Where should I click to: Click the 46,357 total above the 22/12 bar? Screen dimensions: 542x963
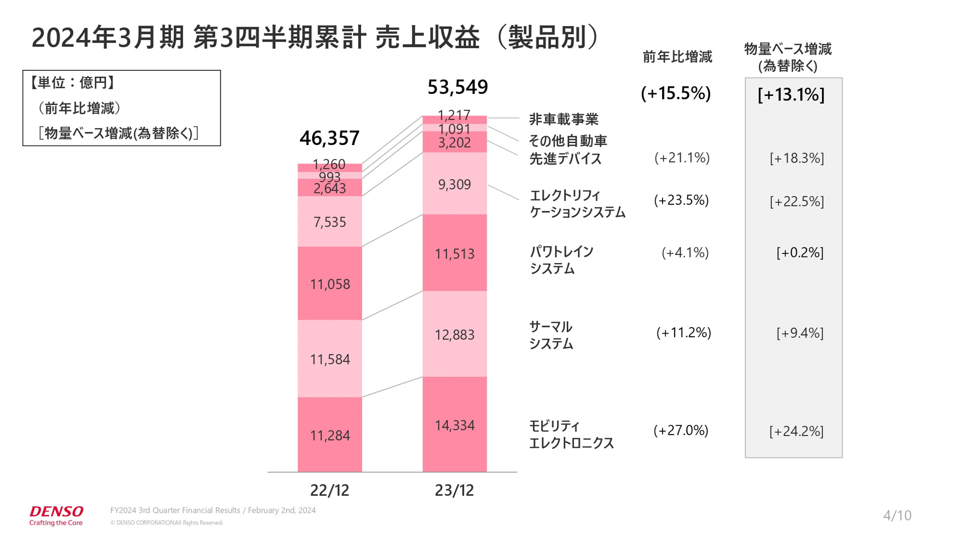coord(330,138)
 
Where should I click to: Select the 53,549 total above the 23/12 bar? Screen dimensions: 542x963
coord(457,87)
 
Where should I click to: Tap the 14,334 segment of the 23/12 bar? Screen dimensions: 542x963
coord(454,426)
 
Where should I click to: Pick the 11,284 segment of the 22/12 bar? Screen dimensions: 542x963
coord(330,435)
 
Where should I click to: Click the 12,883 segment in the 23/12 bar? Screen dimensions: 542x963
coord(454,335)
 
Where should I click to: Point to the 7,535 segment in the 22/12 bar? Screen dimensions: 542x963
coord(330,222)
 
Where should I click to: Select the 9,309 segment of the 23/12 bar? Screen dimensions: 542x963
coord(454,185)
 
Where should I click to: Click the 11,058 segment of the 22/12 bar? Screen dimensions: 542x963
coord(330,284)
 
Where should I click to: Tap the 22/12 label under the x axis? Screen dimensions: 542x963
coord(330,490)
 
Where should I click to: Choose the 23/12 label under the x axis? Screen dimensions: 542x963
coord(454,490)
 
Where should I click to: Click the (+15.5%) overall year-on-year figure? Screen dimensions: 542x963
coord(676,93)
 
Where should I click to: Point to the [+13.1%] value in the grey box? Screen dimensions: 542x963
coord(791,95)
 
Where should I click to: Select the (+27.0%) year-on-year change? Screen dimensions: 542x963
coord(681,431)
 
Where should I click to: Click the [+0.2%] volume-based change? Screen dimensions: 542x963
coord(799,252)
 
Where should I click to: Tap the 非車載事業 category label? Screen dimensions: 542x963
coord(564,119)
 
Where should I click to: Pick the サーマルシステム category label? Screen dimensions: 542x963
coord(551,335)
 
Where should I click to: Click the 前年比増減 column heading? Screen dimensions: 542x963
coord(677,57)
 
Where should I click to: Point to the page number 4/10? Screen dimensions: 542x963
coord(897,515)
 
